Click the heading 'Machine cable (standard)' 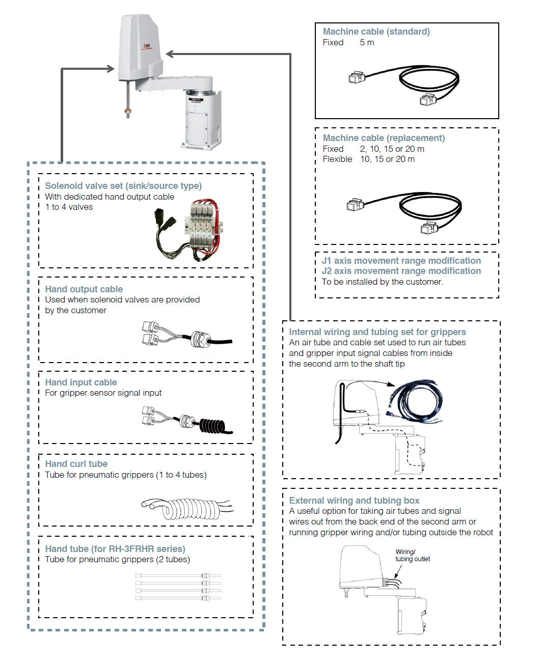coord(376,32)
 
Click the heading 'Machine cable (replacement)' coord(384,138)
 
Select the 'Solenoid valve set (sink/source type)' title coord(123,186)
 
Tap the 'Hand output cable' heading coord(84,289)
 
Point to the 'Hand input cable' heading coord(81,382)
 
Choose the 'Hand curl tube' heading coord(76,464)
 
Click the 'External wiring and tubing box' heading coord(354,501)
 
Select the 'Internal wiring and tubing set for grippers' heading coord(377,332)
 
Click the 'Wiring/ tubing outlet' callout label coord(412,556)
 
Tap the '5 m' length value coord(367,43)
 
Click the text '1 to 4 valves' coord(69,207)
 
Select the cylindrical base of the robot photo coord(203,122)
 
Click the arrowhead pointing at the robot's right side coord(170,54)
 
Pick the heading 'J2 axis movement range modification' coord(401,271)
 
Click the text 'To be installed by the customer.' coord(383,282)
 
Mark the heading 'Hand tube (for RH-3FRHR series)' coord(115,549)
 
